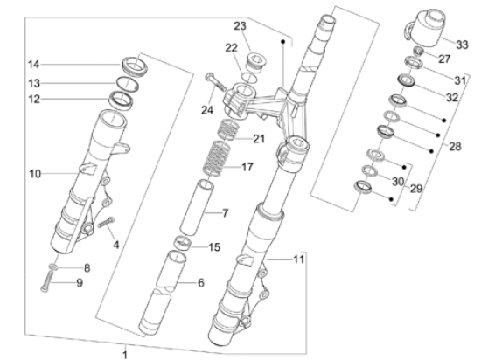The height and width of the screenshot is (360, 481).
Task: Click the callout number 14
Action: (x=34, y=65)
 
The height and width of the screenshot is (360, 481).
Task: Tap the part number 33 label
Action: (x=462, y=45)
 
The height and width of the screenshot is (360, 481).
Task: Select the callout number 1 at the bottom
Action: (x=125, y=355)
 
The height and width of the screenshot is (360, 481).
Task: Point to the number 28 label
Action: (x=455, y=147)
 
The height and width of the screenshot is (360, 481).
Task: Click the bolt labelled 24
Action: (x=216, y=82)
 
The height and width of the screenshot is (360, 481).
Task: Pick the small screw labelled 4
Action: (x=106, y=223)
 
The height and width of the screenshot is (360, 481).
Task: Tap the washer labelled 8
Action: (x=53, y=267)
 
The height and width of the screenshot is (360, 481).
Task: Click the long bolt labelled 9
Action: (x=45, y=282)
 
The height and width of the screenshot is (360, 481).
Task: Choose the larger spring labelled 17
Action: (x=218, y=158)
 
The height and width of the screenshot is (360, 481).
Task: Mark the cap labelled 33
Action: (x=426, y=28)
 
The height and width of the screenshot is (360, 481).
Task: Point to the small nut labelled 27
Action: (x=418, y=51)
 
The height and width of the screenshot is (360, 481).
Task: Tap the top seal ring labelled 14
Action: (x=134, y=66)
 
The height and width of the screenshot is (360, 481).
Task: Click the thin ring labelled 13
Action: (x=127, y=83)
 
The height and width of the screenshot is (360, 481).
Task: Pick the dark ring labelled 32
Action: (x=407, y=80)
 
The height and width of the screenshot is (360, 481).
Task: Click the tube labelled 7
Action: (x=196, y=208)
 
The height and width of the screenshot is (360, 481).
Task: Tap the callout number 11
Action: (x=298, y=260)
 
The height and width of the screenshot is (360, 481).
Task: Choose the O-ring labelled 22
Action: (x=249, y=78)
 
